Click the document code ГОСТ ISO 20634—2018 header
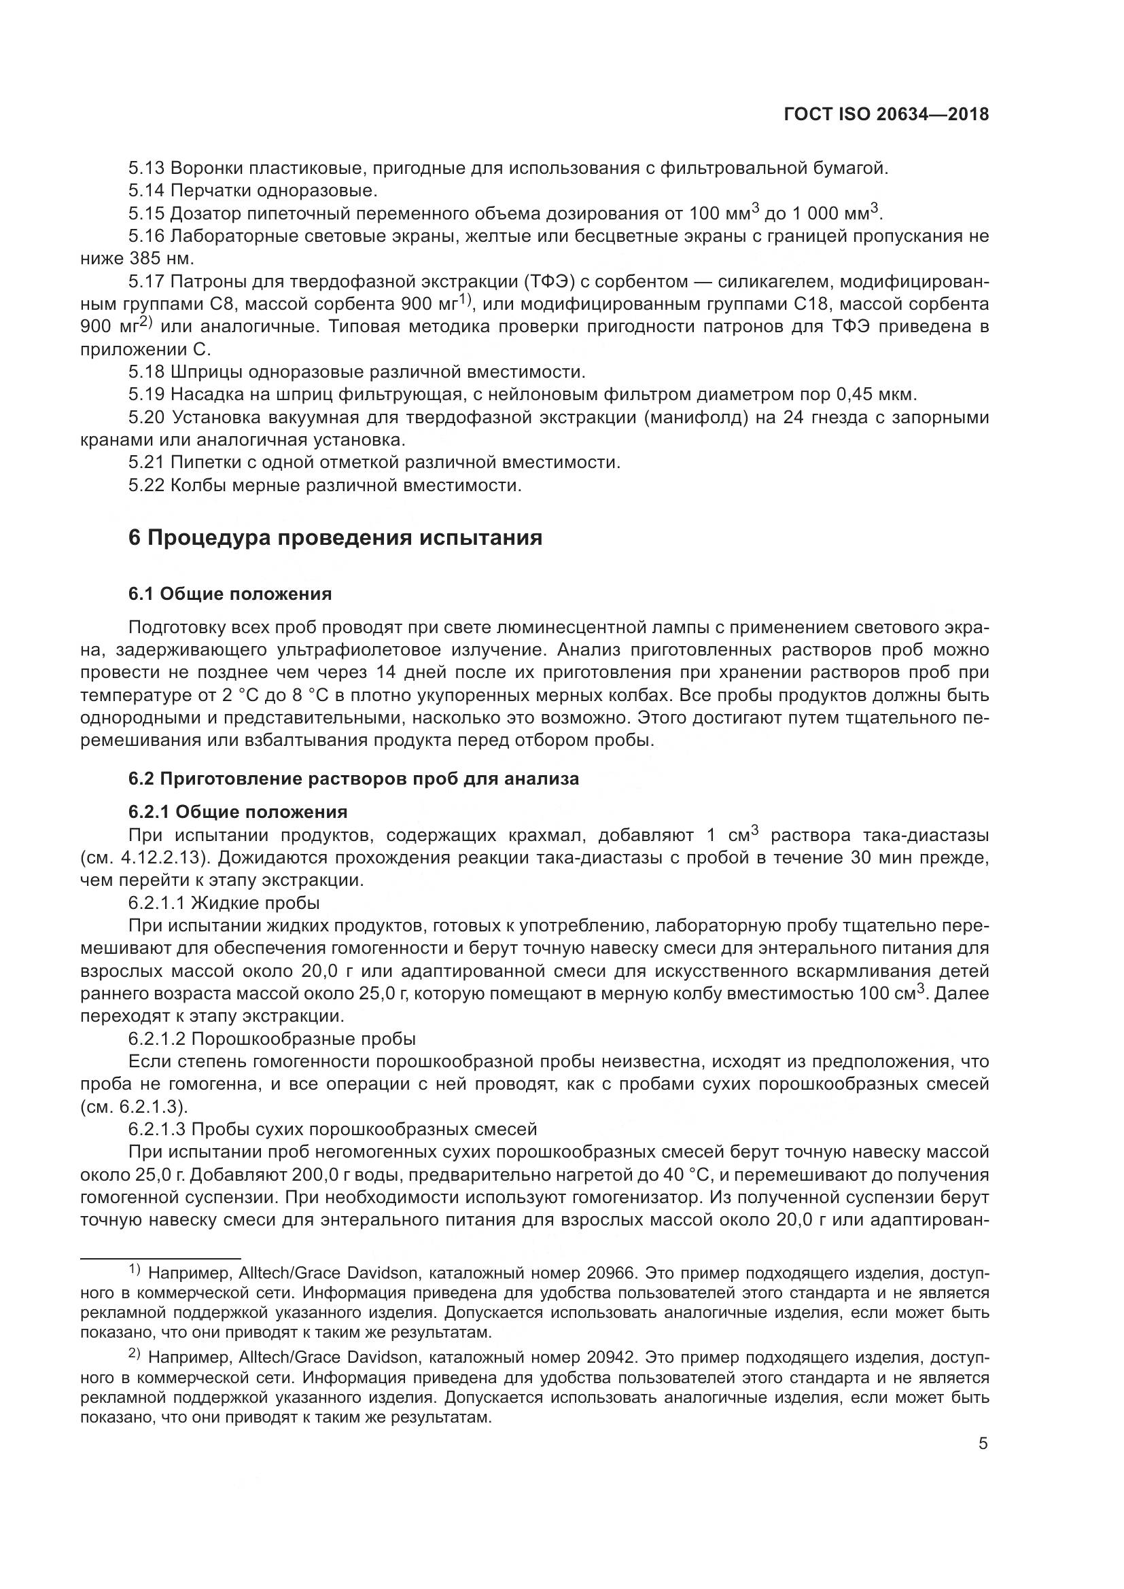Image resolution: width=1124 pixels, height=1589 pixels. [886, 114]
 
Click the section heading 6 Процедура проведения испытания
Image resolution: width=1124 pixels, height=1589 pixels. [335, 538]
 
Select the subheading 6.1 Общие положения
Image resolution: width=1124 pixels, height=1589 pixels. [230, 594]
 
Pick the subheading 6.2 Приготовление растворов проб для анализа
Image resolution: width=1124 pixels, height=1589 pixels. [353, 779]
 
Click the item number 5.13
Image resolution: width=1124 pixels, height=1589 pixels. [147, 168]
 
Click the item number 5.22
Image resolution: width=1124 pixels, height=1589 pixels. [147, 485]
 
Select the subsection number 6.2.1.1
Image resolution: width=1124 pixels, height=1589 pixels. [156, 903]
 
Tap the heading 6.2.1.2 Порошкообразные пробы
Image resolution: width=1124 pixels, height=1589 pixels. [271, 1039]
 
